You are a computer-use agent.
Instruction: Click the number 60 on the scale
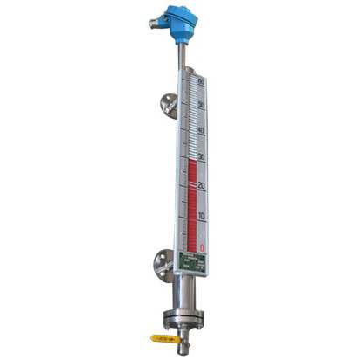(x=201, y=82)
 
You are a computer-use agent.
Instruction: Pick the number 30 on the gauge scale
(x=202, y=158)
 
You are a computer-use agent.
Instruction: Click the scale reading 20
(x=202, y=186)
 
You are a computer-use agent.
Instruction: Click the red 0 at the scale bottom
(x=203, y=247)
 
